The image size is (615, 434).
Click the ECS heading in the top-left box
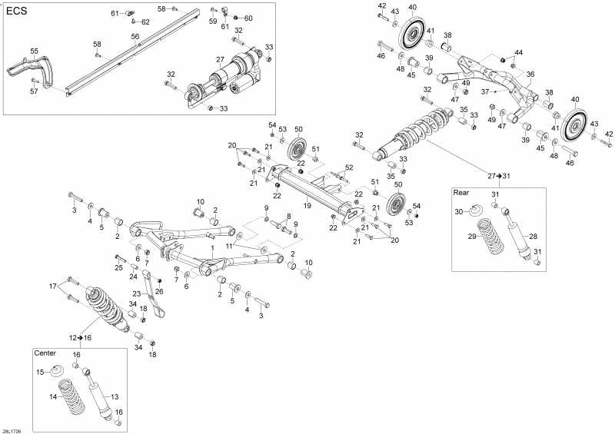click(17, 12)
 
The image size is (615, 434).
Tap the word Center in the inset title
click(45, 353)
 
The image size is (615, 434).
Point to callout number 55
click(34, 51)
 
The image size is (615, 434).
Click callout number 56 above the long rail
click(135, 36)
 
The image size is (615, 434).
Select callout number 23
click(136, 294)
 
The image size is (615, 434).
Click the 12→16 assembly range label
click(81, 337)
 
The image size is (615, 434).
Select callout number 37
click(485, 91)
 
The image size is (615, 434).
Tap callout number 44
click(519, 52)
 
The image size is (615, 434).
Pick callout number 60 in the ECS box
click(248, 18)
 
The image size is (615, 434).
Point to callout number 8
click(288, 216)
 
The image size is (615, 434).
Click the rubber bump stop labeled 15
click(58, 374)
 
